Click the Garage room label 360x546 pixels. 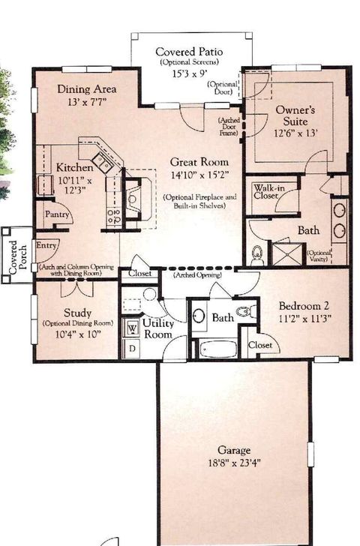(233, 450)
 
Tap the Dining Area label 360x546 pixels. (86, 88)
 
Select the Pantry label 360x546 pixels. (58, 214)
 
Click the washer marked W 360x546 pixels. (132, 328)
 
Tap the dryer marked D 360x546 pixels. (132, 349)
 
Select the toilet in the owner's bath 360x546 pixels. (257, 254)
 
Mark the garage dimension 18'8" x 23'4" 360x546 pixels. (233, 463)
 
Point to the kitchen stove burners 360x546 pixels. (114, 217)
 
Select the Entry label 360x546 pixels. (46, 245)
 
